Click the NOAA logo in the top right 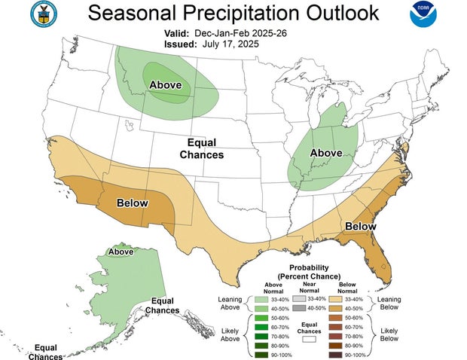423,15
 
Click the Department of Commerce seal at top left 44,14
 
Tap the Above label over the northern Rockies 165,84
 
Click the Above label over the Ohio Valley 326,153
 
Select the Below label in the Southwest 132,203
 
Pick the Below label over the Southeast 360,226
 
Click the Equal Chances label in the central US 202,148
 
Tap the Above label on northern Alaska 121,252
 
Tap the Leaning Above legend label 231,303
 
